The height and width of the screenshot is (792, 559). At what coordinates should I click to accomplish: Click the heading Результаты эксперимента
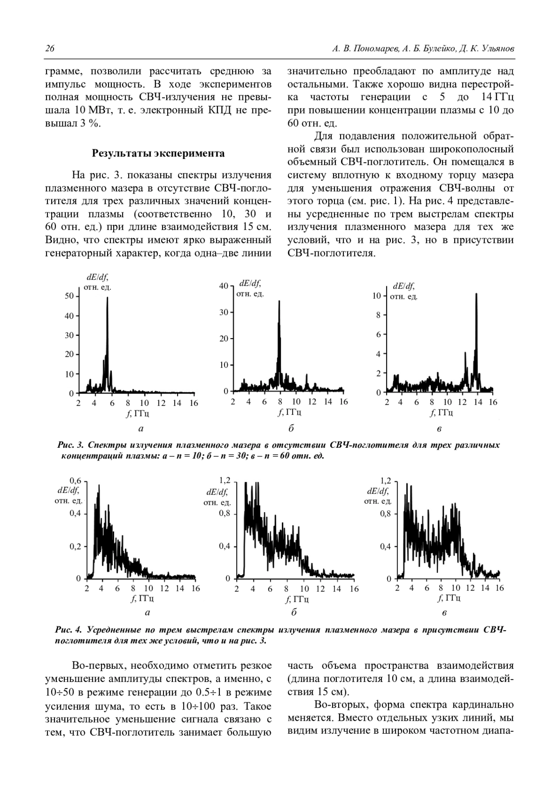(158, 153)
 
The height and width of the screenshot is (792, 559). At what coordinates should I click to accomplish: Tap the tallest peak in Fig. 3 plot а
(107, 299)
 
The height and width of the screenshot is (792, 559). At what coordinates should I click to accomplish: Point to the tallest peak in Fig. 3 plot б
(279, 302)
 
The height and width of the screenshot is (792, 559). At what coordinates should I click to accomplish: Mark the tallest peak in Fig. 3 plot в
(476, 294)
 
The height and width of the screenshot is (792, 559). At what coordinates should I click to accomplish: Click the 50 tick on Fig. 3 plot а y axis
(68, 296)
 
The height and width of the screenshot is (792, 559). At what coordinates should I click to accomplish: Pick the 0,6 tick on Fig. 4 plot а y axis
(75, 480)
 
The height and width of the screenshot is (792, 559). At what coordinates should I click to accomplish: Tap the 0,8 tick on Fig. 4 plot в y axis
(385, 514)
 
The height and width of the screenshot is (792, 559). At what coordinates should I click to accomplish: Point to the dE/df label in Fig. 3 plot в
(403, 286)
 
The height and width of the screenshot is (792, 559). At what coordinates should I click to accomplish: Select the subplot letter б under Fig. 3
(291, 428)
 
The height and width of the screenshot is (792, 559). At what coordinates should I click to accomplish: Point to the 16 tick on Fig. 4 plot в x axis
(499, 588)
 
